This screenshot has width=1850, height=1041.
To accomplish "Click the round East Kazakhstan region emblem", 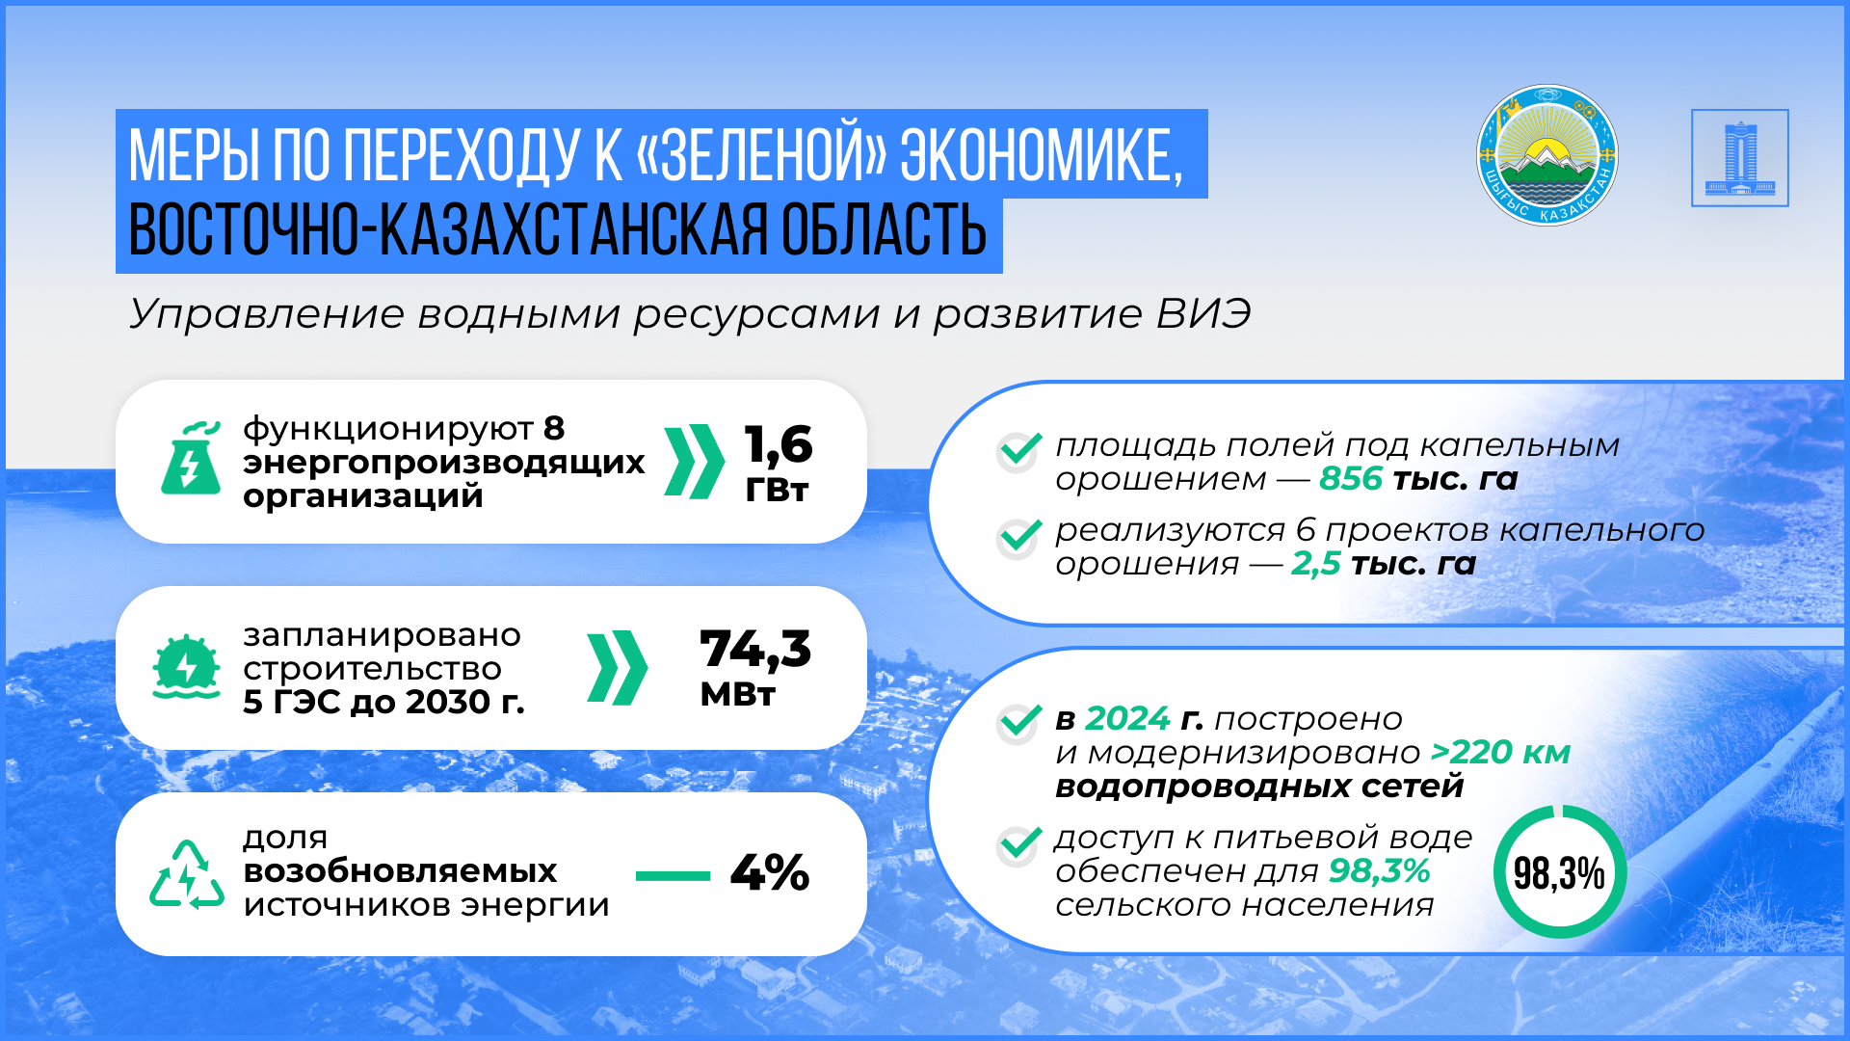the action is pos(1547,155).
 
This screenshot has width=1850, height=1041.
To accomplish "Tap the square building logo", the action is pos(1740,157).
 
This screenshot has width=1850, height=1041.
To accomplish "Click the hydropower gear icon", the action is pos(186,666).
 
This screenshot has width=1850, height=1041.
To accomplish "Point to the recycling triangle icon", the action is pos(187,874).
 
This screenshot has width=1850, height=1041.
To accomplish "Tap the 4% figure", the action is pos(770,872).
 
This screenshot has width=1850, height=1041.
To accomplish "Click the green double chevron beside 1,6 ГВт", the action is pos(694,461).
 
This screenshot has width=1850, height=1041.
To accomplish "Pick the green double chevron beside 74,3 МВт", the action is pos(617,667).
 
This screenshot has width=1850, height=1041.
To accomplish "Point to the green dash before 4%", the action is pos(673,875).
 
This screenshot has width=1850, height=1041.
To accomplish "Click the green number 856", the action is pos(1351,478).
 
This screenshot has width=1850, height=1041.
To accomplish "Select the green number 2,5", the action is pos(1316,564).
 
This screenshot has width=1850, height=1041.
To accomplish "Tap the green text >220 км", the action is pos(1500,752).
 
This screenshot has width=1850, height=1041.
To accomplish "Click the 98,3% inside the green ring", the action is pos(1559,873).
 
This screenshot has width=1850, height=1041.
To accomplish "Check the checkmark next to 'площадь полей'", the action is pos(1019,451).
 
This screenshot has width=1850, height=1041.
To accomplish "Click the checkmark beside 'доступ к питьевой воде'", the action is pos(1019,845).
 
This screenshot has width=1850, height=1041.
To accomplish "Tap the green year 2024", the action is pos(1127,719).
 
